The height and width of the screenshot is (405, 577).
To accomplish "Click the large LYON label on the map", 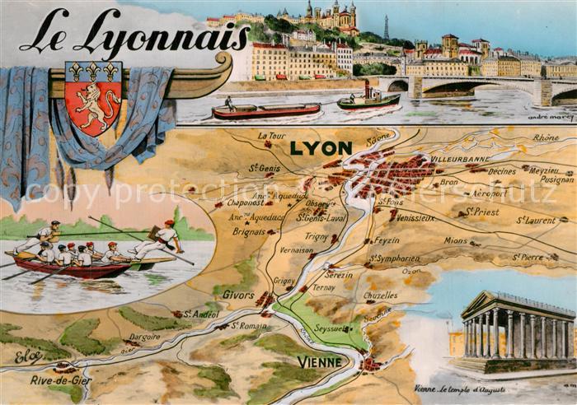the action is (x=321, y=149).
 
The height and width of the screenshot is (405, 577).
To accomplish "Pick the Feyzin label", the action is (x=387, y=241).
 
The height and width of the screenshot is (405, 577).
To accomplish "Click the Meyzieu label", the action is (x=543, y=170).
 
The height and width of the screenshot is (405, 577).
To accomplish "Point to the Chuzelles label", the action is (x=380, y=295).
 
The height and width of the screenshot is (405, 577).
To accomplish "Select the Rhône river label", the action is (x=546, y=137).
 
